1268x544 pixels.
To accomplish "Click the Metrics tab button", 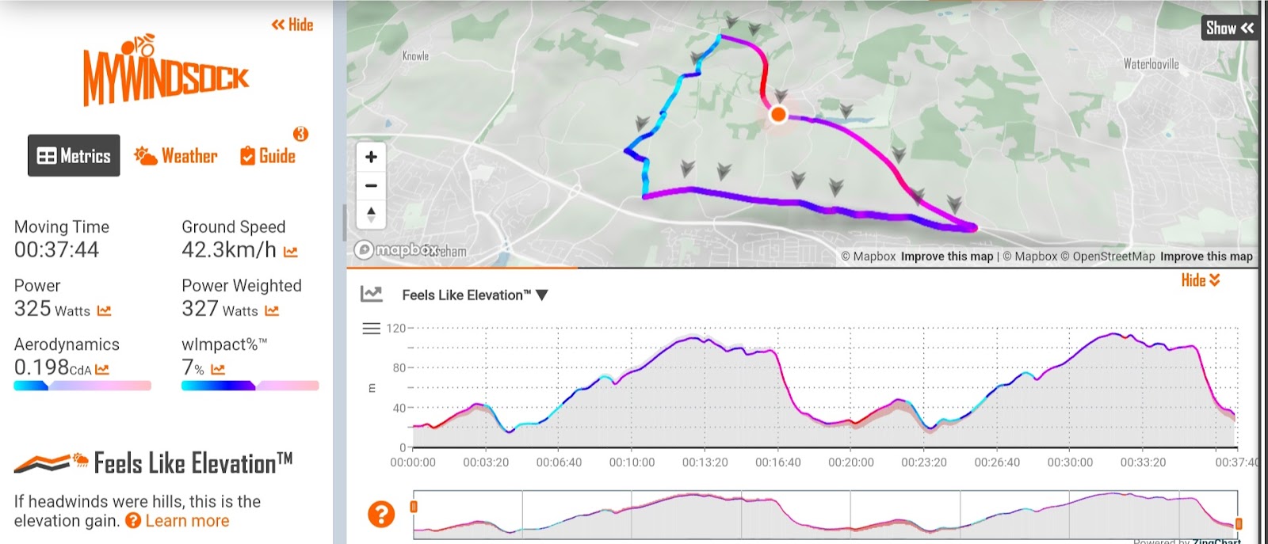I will [74, 155].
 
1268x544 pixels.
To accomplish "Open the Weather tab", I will [176, 156].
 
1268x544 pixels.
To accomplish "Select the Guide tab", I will [269, 156].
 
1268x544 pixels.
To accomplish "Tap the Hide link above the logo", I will [292, 25].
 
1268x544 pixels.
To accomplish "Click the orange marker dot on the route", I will [778, 114].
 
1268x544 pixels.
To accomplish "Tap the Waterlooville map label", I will [1151, 64].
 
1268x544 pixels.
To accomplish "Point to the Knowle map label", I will [415, 56].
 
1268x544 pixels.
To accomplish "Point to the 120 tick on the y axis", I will [395, 328].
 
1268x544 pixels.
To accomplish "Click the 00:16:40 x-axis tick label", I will [777, 462].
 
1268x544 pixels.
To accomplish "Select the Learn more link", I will [187, 521].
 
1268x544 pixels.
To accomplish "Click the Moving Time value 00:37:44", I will [57, 250].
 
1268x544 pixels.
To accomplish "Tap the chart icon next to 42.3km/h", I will [291, 252].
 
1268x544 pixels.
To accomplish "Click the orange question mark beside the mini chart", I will [381, 514].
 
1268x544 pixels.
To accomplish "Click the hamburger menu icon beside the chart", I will [371, 328].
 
